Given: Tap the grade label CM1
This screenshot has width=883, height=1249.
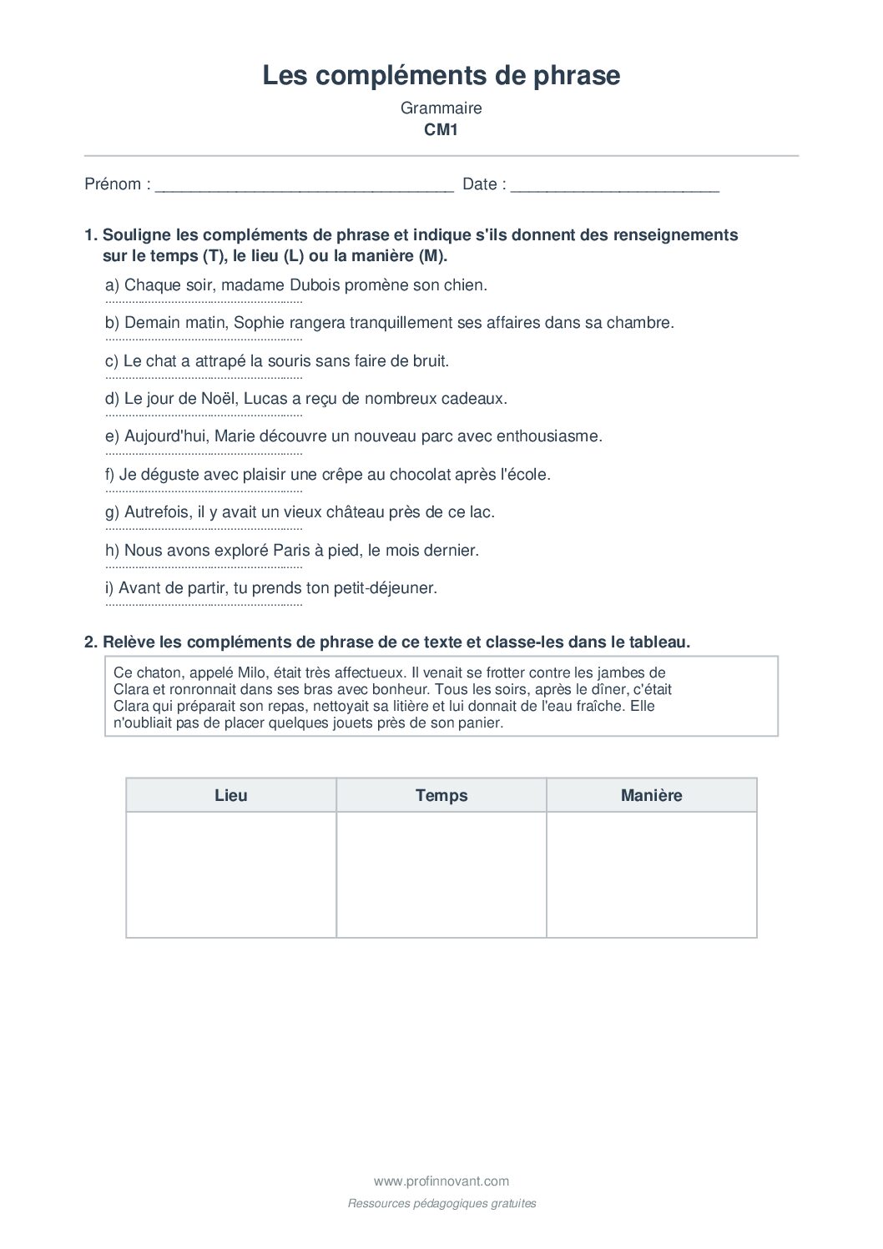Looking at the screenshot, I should pyautogui.click(x=441, y=129).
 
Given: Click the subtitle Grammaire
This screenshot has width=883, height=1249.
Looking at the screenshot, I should pyautogui.click(x=441, y=108).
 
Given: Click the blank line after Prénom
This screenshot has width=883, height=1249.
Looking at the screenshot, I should pyautogui.click(x=304, y=185).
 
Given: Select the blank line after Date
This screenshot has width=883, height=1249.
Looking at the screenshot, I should pyautogui.click(x=614, y=185).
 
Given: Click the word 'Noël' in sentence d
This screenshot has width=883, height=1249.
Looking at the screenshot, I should pyautogui.click(x=219, y=399).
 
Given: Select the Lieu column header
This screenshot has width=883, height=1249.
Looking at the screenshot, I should pyautogui.click(x=231, y=795).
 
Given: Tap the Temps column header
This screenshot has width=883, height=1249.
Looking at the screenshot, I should pyautogui.click(x=441, y=795).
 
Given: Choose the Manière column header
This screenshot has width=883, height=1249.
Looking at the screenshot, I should pyautogui.click(x=651, y=795).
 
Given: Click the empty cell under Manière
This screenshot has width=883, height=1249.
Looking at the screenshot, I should pyautogui.click(x=651, y=874).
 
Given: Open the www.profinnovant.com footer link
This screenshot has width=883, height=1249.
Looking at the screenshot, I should pyautogui.click(x=441, y=1181).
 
